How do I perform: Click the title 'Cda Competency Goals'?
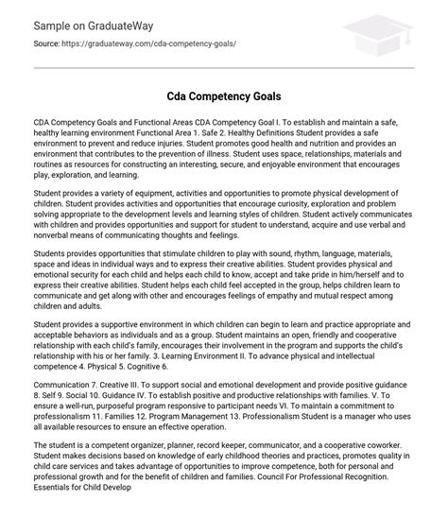coord(223,97)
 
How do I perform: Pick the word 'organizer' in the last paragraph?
coord(160,469)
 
